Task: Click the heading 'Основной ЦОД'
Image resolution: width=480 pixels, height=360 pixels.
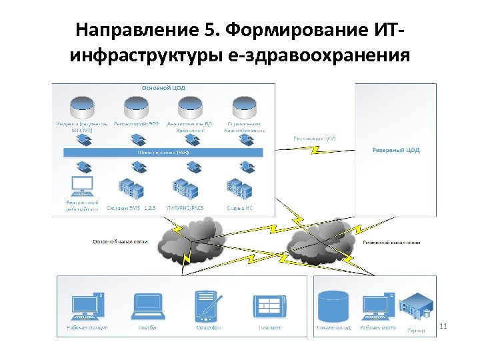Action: (x=163, y=87)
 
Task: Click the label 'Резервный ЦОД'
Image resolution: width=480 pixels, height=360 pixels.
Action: (x=395, y=150)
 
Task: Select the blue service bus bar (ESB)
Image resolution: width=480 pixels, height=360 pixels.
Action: (x=163, y=152)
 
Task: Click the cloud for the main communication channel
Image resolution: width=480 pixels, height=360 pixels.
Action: (x=191, y=240)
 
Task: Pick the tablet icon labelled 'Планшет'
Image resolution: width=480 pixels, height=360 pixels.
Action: (x=270, y=306)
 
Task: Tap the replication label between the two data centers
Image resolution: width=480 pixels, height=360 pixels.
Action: (x=314, y=138)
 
